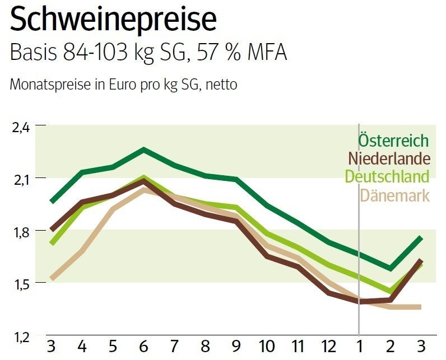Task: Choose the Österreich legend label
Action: point(393,141)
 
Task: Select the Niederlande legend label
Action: point(389,158)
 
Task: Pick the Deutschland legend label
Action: point(387,176)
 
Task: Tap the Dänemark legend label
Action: point(395,195)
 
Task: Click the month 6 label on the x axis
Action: point(143,344)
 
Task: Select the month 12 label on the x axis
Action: point(328,344)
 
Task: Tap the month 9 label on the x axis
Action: point(236,344)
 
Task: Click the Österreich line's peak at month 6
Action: point(143,149)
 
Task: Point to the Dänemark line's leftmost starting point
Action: point(52,278)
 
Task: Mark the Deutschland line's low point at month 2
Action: point(389,291)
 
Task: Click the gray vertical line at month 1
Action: point(359,235)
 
